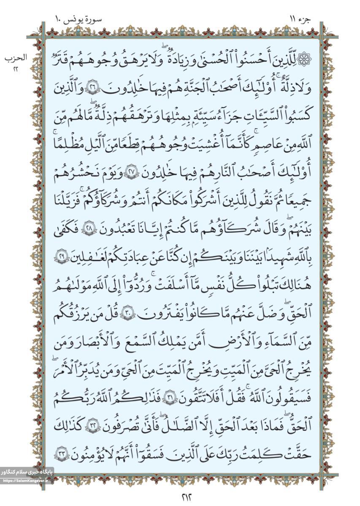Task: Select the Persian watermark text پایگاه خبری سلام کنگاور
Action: [27, 473]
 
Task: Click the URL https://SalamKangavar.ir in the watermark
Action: [27, 481]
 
